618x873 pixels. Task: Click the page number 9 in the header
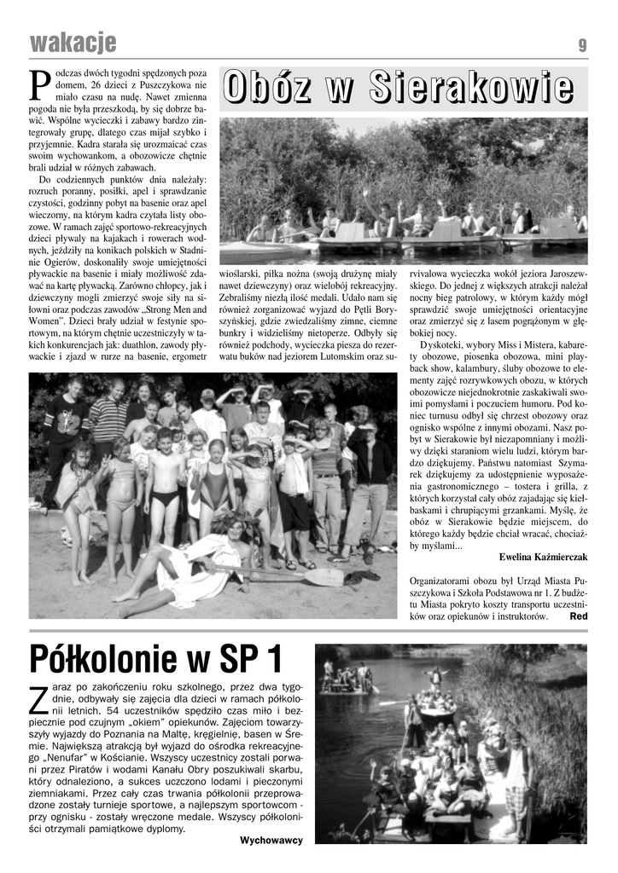(x=582, y=45)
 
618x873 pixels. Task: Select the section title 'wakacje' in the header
(x=73, y=43)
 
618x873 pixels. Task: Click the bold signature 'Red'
(x=578, y=616)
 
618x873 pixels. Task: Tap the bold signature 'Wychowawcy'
(x=271, y=840)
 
